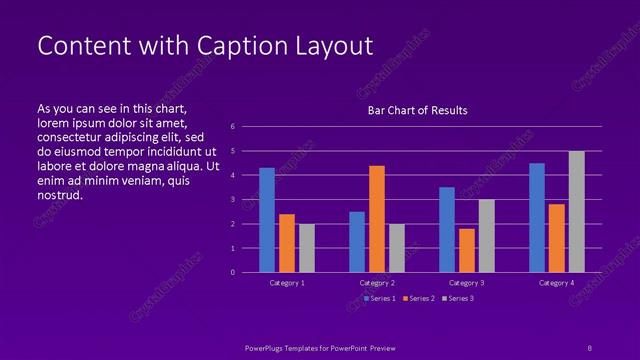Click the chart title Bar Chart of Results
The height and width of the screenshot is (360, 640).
pyautogui.click(x=417, y=110)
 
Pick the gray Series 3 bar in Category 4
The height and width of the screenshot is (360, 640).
pyautogui.click(x=576, y=212)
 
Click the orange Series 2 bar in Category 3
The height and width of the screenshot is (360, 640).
pyautogui.click(x=467, y=250)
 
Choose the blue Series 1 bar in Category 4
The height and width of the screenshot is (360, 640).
pyautogui.click(x=537, y=218)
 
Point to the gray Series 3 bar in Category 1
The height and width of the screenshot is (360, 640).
pyautogui.click(x=307, y=248)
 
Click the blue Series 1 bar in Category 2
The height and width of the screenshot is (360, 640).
pyautogui.click(x=357, y=242)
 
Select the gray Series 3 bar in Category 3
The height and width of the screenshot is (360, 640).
pyautogui.click(x=486, y=236)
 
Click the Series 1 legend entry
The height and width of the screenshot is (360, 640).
pyautogui.click(x=381, y=298)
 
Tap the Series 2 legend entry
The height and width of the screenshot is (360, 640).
pyautogui.click(x=420, y=298)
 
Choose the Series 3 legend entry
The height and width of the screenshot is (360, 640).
pyautogui.click(x=459, y=298)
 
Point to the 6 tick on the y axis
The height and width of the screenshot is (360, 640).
pyautogui.click(x=232, y=127)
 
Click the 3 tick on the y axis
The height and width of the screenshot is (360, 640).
pyautogui.click(x=232, y=200)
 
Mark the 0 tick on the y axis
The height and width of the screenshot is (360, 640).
pyautogui.click(x=232, y=272)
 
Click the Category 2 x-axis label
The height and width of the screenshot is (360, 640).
pyautogui.click(x=377, y=283)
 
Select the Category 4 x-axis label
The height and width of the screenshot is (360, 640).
pyautogui.click(x=556, y=283)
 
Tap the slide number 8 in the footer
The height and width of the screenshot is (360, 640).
pyautogui.click(x=589, y=346)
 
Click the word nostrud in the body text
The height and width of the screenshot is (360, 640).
pyautogui.click(x=59, y=195)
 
